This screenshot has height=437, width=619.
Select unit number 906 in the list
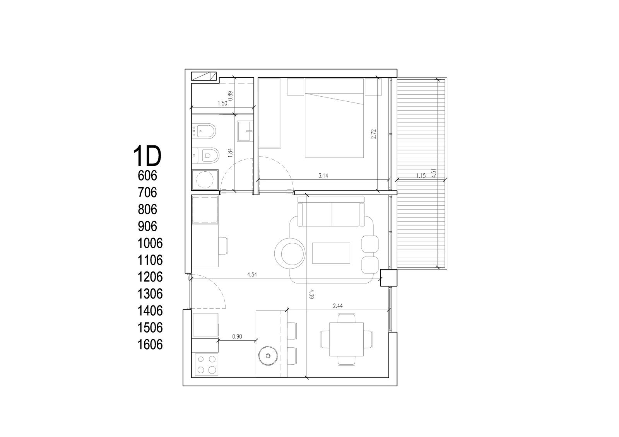coord(147,226)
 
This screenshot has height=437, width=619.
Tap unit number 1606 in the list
coord(150,345)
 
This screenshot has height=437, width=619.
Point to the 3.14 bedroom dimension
coord(323,176)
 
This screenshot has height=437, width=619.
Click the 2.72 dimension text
coord(374,134)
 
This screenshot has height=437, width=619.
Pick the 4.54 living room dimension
coord(252,275)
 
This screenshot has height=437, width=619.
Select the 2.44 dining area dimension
coord(338,306)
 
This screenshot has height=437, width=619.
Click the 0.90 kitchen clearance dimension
coord(237,336)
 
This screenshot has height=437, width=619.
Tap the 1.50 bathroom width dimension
coord(222,104)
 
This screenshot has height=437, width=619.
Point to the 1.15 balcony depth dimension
coord(421,176)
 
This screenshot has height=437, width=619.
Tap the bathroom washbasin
coord(245,131)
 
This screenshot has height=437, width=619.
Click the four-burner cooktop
coord(207,365)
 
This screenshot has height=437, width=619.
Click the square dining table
coord(346,339)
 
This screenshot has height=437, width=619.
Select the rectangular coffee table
coord(331,253)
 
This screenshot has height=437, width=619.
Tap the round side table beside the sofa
coord(290,253)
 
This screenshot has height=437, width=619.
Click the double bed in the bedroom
coord(334,118)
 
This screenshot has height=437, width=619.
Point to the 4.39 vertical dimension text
coord(312,294)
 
